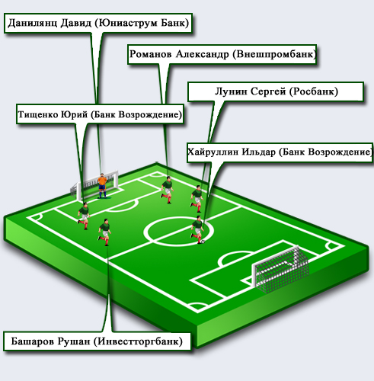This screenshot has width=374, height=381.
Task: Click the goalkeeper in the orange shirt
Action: [x=102, y=186]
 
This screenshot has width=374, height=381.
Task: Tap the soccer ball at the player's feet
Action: [x=203, y=242]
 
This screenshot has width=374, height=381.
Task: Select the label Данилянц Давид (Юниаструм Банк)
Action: [x=98, y=23]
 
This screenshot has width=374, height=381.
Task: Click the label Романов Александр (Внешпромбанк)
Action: [x=222, y=54]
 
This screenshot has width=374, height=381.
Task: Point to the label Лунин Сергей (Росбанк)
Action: [x=276, y=91]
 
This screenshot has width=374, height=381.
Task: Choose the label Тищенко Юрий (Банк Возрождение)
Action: [x=100, y=114]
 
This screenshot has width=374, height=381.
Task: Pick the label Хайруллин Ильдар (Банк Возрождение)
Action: [x=280, y=152]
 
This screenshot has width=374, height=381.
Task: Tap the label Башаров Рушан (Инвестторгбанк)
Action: [x=97, y=341]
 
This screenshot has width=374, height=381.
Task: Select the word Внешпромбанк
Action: [x=275, y=54]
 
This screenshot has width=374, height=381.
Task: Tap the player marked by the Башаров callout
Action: [x=104, y=232]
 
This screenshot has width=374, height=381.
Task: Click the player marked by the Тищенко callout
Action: [x=84, y=216]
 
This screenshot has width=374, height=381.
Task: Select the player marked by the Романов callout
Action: [x=168, y=190]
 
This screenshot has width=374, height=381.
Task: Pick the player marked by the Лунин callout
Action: [x=197, y=199]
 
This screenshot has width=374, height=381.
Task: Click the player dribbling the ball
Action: [x=197, y=229]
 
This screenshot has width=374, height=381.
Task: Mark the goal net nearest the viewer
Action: [x=280, y=269]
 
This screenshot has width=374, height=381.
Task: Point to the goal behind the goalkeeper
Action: [x=94, y=185]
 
